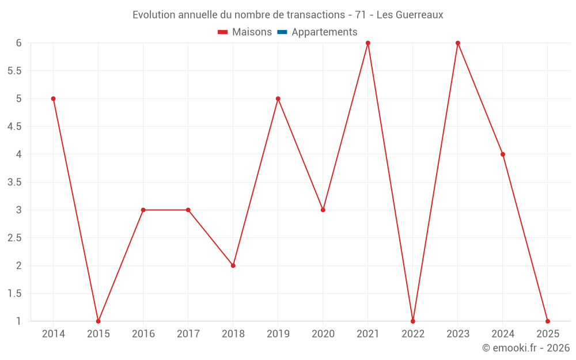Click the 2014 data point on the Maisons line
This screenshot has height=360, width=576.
pyautogui.click(x=54, y=98)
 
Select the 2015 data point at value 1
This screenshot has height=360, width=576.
pyautogui.click(x=98, y=321)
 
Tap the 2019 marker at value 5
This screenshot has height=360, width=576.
pyautogui.click(x=278, y=98)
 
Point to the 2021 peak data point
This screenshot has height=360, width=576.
pyautogui.click(x=368, y=43)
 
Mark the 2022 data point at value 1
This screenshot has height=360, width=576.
pyautogui.click(x=413, y=321)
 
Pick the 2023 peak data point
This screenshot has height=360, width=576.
pyautogui.click(x=458, y=43)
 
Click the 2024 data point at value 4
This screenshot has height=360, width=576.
pyautogui.click(x=503, y=154)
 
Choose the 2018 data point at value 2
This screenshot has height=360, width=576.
pyautogui.click(x=233, y=266)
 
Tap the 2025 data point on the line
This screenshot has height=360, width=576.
pyautogui.click(x=548, y=321)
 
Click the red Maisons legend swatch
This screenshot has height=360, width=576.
pyautogui.click(x=223, y=32)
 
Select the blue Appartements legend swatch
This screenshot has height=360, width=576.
pyautogui.click(x=282, y=32)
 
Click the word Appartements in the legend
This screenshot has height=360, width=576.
pyautogui.click(x=324, y=32)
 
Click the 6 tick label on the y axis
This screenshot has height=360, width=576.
pyautogui.click(x=19, y=43)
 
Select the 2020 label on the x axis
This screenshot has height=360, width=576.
pyautogui.click(x=323, y=334)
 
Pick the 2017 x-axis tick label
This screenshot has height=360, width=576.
pyautogui.click(x=188, y=334)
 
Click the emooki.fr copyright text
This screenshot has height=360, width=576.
pyautogui.click(x=526, y=348)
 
